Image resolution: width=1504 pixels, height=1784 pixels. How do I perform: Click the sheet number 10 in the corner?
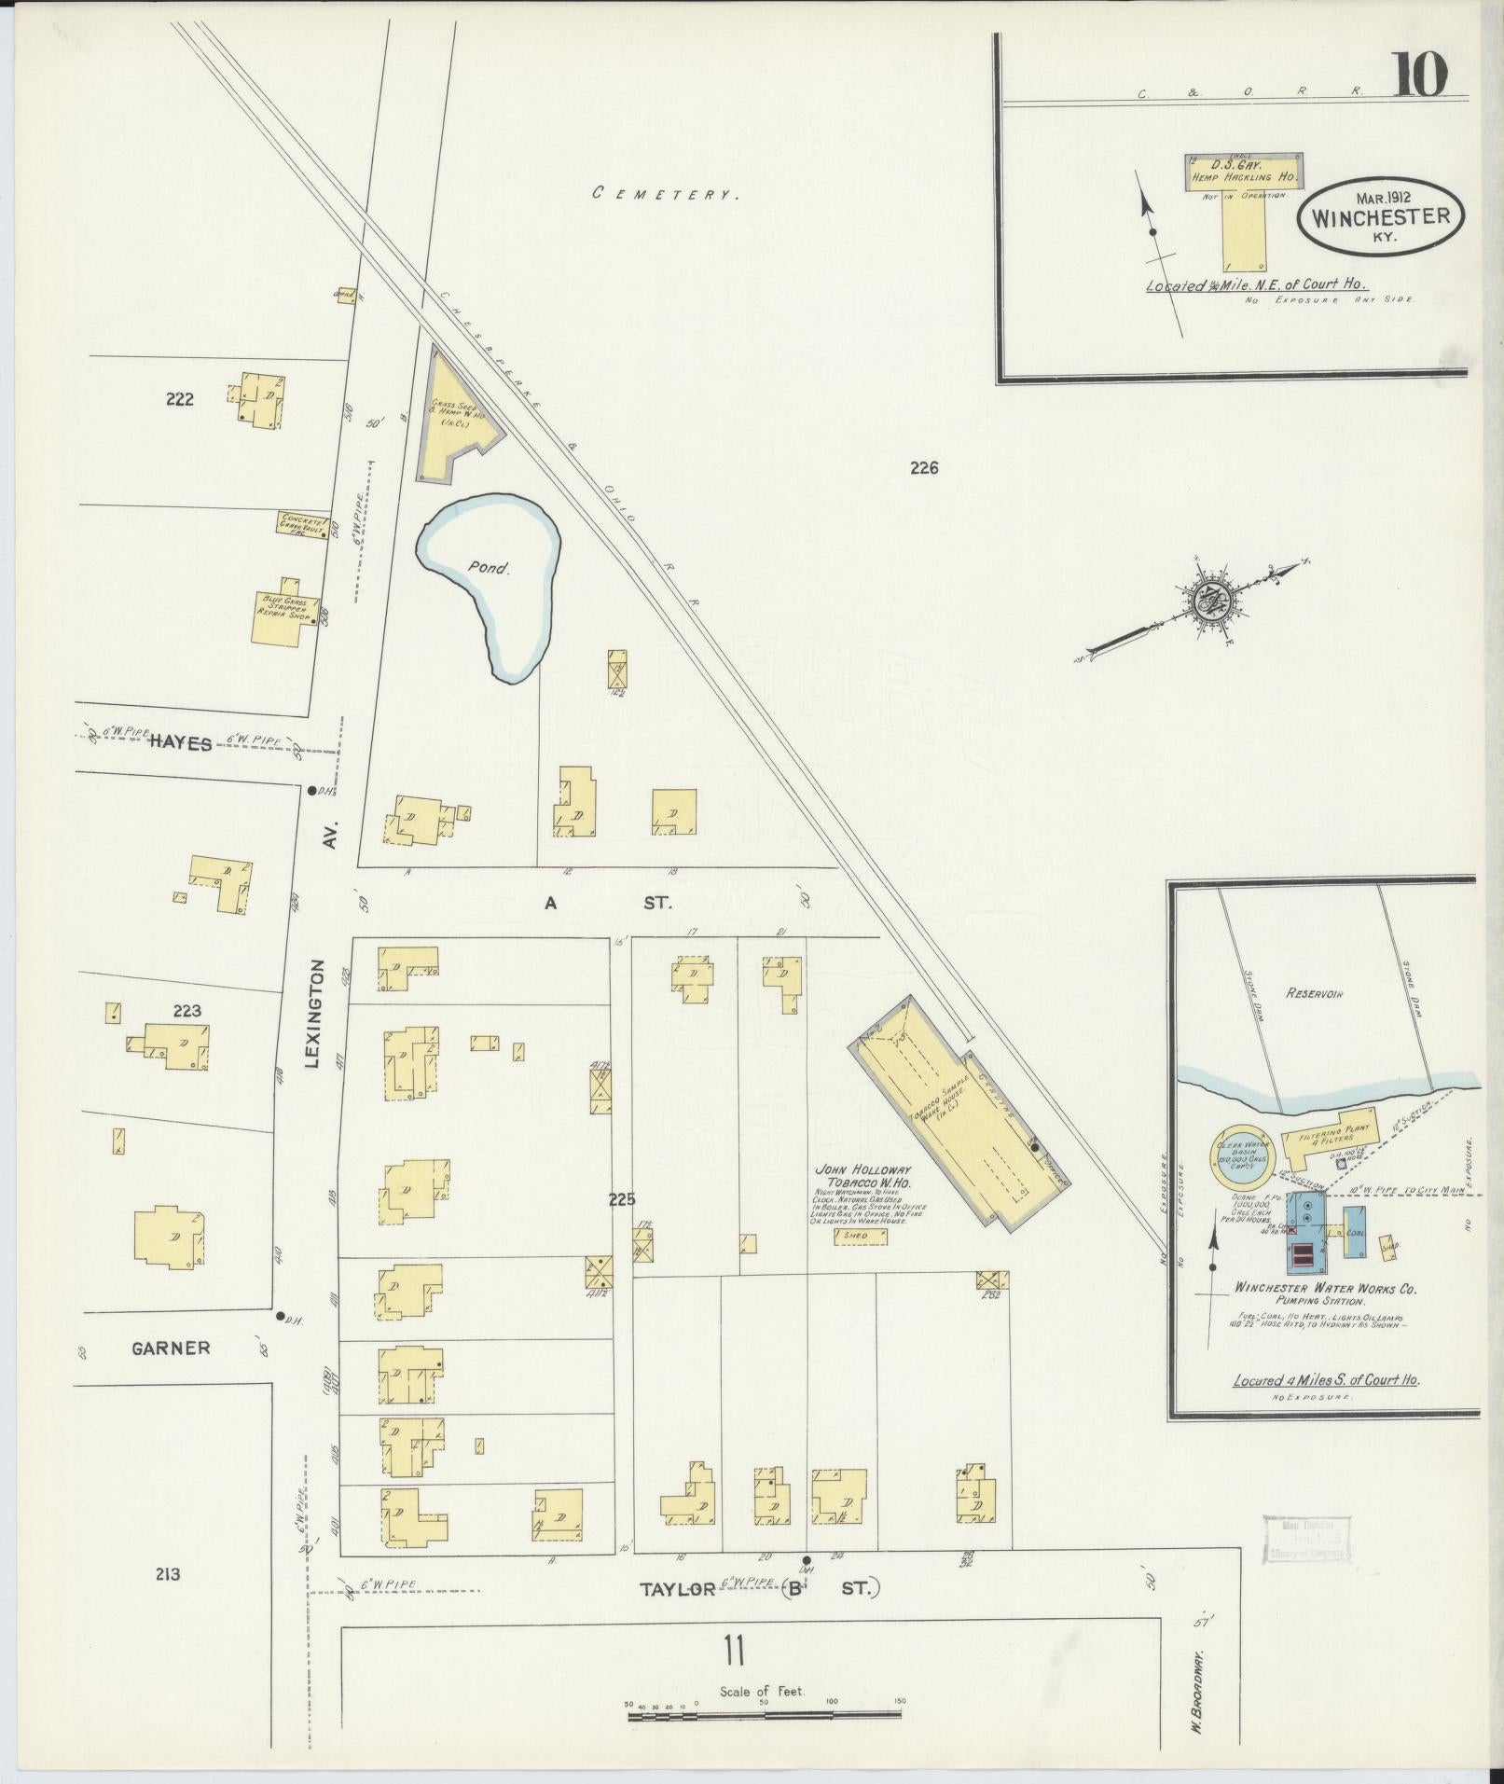tap(1421, 75)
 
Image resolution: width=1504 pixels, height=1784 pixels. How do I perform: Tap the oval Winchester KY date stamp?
tap(1380, 215)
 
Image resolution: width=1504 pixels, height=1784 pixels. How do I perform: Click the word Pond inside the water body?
tap(490, 566)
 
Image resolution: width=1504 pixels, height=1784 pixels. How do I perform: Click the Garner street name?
tap(171, 1348)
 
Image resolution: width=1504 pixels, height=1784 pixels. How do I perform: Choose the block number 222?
tap(180, 399)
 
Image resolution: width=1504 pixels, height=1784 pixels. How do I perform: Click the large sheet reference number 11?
tap(734, 1653)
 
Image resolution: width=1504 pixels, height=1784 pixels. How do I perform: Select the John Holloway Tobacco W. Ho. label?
tap(862, 1176)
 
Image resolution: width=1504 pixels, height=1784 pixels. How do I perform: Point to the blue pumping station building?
tap(1306, 1231)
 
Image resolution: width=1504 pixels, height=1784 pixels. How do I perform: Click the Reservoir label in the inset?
tap(1314, 994)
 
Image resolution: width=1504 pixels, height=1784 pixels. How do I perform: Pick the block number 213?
tap(168, 1574)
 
